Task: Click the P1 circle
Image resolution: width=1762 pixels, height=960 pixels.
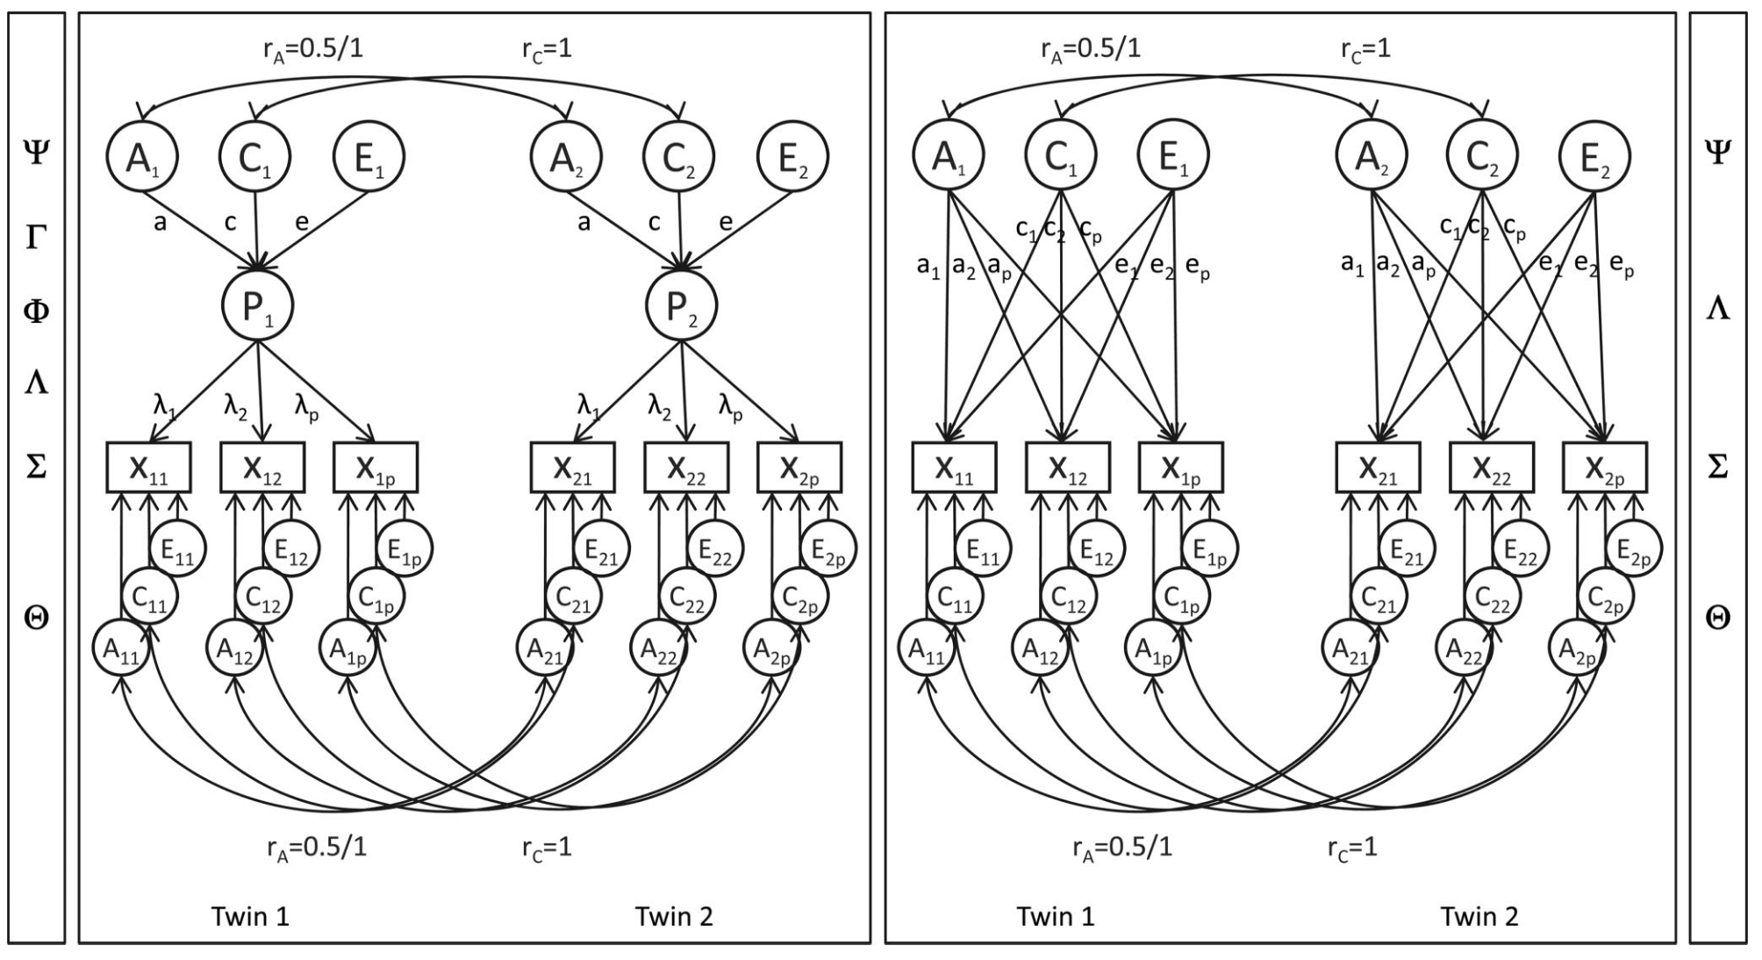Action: pyautogui.click(x=256, y=305)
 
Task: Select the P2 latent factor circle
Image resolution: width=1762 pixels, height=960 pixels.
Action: pyautogui.click(x=681, y=305)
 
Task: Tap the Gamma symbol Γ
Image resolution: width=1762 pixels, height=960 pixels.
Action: pyautogui.click(x=36, y=238)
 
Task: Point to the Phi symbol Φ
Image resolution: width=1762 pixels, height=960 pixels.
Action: pyautogui.click(x=36, y=312)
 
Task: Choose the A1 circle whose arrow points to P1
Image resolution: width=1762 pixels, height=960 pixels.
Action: pyautogui.click(x=142, y=157)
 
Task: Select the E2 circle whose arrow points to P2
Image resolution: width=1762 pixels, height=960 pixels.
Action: pyautogui.click(x=792, y=157)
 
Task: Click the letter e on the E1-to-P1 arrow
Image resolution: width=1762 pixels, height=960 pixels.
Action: pyautogui.click(x=302, y=222)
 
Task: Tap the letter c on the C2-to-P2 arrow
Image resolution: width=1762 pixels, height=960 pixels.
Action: pyautogui.click(x=654, y=222)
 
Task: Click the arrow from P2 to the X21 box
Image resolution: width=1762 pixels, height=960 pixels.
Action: pyautogui.click(x=627, y=390)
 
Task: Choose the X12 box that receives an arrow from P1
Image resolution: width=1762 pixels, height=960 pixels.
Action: pyautogui.click(x=261, y=467)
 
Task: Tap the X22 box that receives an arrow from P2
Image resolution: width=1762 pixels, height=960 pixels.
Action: pyautogui.click(x=685, y=467)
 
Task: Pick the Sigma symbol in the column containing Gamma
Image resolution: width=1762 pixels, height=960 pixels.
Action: pyautogui.click(x=36, y=467)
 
